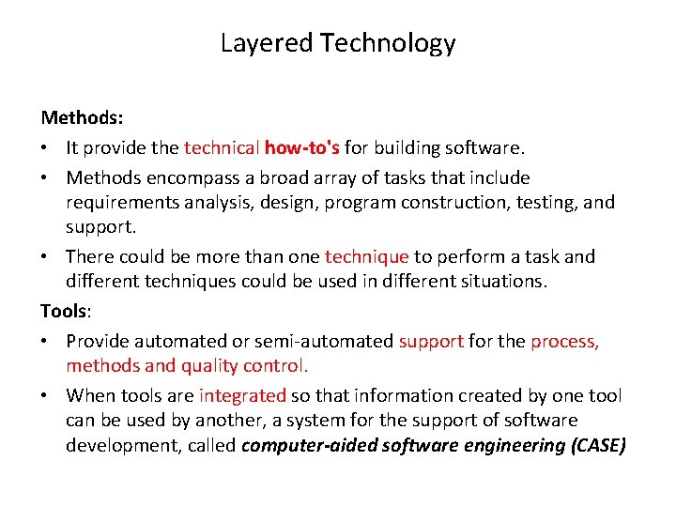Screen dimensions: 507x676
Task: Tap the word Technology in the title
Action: [x=388, y=43]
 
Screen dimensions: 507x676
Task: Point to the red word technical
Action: [x=222, y=147]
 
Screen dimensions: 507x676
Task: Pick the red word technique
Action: [x=366, y=256]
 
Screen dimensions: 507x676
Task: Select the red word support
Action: [x=431, y=341]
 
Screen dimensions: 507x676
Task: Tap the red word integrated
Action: [x=241, y=395]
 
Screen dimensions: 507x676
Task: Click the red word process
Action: [x=564, y=341]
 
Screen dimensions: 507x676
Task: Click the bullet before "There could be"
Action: [x=46, y=257]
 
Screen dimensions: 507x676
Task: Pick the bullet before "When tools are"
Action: [x=46, y=396]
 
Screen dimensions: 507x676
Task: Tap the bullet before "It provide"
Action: [x=46, y=148]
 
